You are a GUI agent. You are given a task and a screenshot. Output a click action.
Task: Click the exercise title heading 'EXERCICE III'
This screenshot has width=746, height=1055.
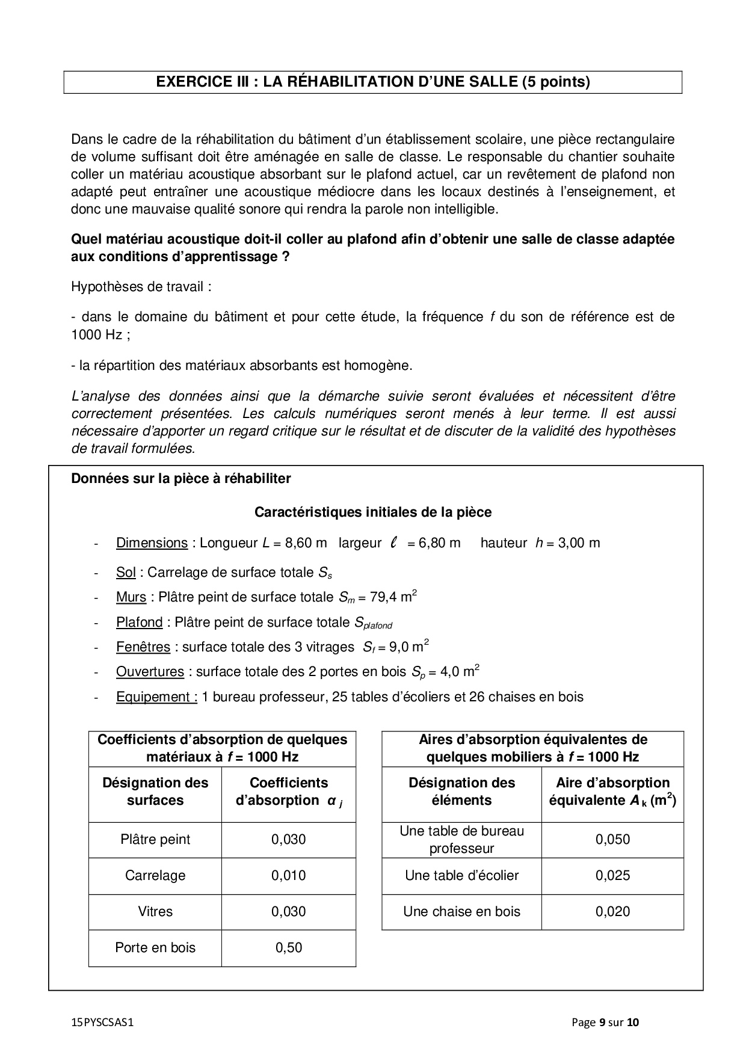(372, 82)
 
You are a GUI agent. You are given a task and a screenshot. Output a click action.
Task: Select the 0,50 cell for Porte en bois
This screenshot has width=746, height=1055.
(289, 947)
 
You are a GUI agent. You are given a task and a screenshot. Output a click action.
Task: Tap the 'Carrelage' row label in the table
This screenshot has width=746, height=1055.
(155, 875)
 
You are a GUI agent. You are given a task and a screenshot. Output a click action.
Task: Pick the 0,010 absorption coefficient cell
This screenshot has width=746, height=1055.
(289, 875)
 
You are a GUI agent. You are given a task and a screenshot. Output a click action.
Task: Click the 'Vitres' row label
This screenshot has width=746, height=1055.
(155, 911)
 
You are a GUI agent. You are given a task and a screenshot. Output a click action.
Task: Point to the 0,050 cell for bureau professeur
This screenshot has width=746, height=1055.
(612, 839)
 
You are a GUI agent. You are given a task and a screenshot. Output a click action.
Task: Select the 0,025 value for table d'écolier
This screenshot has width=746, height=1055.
(612, 875)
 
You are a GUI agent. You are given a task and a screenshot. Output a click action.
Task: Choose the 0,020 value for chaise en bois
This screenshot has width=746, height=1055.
(612, 911)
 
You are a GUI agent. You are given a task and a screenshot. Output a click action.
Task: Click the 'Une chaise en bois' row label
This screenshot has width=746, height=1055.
(461, 911)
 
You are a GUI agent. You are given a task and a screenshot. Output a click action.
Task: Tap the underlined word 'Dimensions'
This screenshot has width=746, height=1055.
(152, 543)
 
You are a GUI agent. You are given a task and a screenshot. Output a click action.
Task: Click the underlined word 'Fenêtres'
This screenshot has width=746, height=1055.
(143, 647)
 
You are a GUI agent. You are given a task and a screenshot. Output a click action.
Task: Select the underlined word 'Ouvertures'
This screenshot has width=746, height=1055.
(150, 671)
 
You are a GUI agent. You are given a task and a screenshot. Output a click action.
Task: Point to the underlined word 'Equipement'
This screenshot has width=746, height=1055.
(156, 697)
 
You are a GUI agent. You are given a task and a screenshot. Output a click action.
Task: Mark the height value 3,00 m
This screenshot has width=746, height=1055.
(578, 543)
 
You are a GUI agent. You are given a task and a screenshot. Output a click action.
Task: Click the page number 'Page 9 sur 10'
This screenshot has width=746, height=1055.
(605, 1022)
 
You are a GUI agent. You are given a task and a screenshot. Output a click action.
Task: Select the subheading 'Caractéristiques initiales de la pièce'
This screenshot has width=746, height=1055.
(373, 512)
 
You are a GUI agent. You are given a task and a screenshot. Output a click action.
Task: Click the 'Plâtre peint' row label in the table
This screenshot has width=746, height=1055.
(155, 839)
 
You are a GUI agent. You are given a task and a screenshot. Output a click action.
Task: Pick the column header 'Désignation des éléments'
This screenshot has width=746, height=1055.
(461, 791)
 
